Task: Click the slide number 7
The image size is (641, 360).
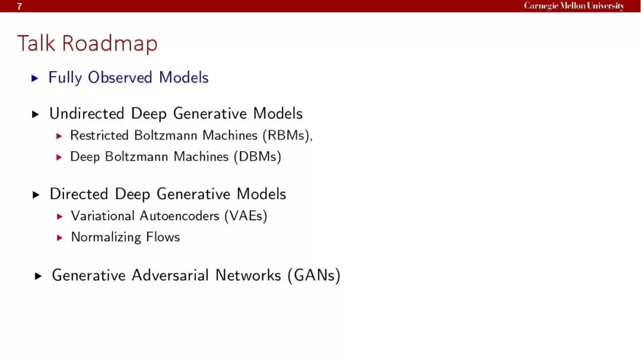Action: click(x=19, y=6)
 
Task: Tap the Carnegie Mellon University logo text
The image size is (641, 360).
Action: click(x=574, y=6)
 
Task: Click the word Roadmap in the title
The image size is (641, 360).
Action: click(x=110, y=43)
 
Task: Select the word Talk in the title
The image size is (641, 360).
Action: click(x=36, y=43)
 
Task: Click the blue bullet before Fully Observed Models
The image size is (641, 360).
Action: click(x=35, y=78)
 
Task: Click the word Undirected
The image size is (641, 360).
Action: click(x=87, y=114)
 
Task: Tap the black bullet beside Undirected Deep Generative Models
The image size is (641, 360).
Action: click(x=36, y=114)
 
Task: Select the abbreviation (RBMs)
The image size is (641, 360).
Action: click(x=286, y=135)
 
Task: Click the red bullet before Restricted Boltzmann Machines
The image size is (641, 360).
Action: click(x=59, y=136)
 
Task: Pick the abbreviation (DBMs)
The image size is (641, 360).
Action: click(x=258, y=157)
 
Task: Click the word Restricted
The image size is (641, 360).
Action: click(x=99, y=135)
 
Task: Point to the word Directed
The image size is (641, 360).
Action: click(x=79, y=194)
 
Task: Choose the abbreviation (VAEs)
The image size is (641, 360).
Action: click(x=246, y=216)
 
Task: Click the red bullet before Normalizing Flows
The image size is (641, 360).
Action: click(x=60, y=238)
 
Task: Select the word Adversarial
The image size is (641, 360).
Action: click(x=170, y=275)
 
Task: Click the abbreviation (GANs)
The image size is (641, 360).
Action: click(x=314, y=275)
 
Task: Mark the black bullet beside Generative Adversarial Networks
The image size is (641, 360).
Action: click(x=38, y=276)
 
